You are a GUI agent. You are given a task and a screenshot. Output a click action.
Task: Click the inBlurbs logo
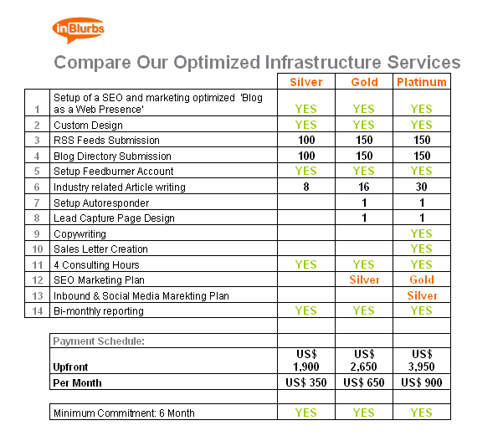point(79,30)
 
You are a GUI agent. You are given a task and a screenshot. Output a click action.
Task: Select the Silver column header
point(306,82)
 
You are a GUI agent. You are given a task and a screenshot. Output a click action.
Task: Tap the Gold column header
point(364,82)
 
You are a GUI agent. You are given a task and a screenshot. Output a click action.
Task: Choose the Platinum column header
point(422,82)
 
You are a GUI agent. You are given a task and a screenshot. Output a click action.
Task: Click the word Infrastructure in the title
point(323,62)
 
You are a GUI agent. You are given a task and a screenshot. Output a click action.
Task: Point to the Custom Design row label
point(88,125)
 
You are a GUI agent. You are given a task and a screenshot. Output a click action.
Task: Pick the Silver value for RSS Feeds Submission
point(306,140)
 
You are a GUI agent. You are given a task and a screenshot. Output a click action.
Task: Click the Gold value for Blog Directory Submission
point(364,156)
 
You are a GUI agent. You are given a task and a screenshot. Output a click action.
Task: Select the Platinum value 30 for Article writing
point(422,187)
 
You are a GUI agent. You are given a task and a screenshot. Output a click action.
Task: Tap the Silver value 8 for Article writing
point(306,187)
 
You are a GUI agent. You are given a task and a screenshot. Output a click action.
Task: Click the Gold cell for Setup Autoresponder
point(364,203)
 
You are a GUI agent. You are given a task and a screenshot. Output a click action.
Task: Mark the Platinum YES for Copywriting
point(422,233)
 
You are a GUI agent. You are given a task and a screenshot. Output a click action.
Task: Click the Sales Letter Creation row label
point(100,249)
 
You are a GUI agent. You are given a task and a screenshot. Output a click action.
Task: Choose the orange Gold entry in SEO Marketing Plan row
point(422,279)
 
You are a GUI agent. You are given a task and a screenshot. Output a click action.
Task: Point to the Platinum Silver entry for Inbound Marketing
point(422,295)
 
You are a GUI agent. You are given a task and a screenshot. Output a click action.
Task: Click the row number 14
point(38,310)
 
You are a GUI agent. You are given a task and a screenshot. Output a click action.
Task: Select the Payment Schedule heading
point(99,341)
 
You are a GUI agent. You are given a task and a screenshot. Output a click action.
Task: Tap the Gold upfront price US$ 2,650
point(364,361)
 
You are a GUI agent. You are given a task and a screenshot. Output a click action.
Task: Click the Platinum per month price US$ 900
point(422,382)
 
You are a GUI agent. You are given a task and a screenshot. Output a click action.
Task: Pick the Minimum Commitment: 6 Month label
point(124,413)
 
